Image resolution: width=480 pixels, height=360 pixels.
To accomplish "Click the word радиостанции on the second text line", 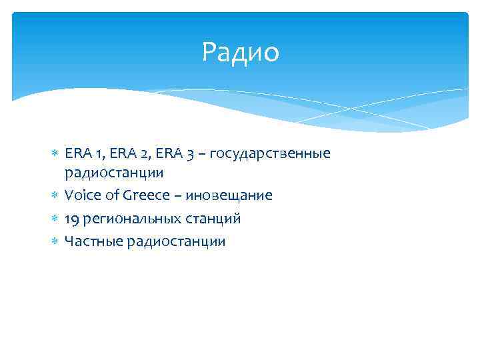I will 114,173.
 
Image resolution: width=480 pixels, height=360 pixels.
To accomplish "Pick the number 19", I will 72,219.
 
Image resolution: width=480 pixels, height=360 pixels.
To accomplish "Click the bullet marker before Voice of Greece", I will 55,196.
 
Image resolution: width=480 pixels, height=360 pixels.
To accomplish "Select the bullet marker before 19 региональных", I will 55,219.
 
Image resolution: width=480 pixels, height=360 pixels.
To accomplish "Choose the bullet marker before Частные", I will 55,241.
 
